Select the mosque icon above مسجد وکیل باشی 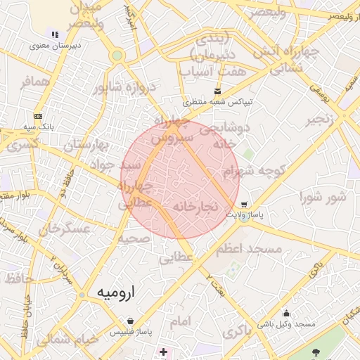(x=286, y=313)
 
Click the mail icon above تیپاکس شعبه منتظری (x=217, y=91)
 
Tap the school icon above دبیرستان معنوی (x=54, y=34)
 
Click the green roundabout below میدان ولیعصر (x=117, y=55)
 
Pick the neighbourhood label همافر (x=37, y=82)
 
